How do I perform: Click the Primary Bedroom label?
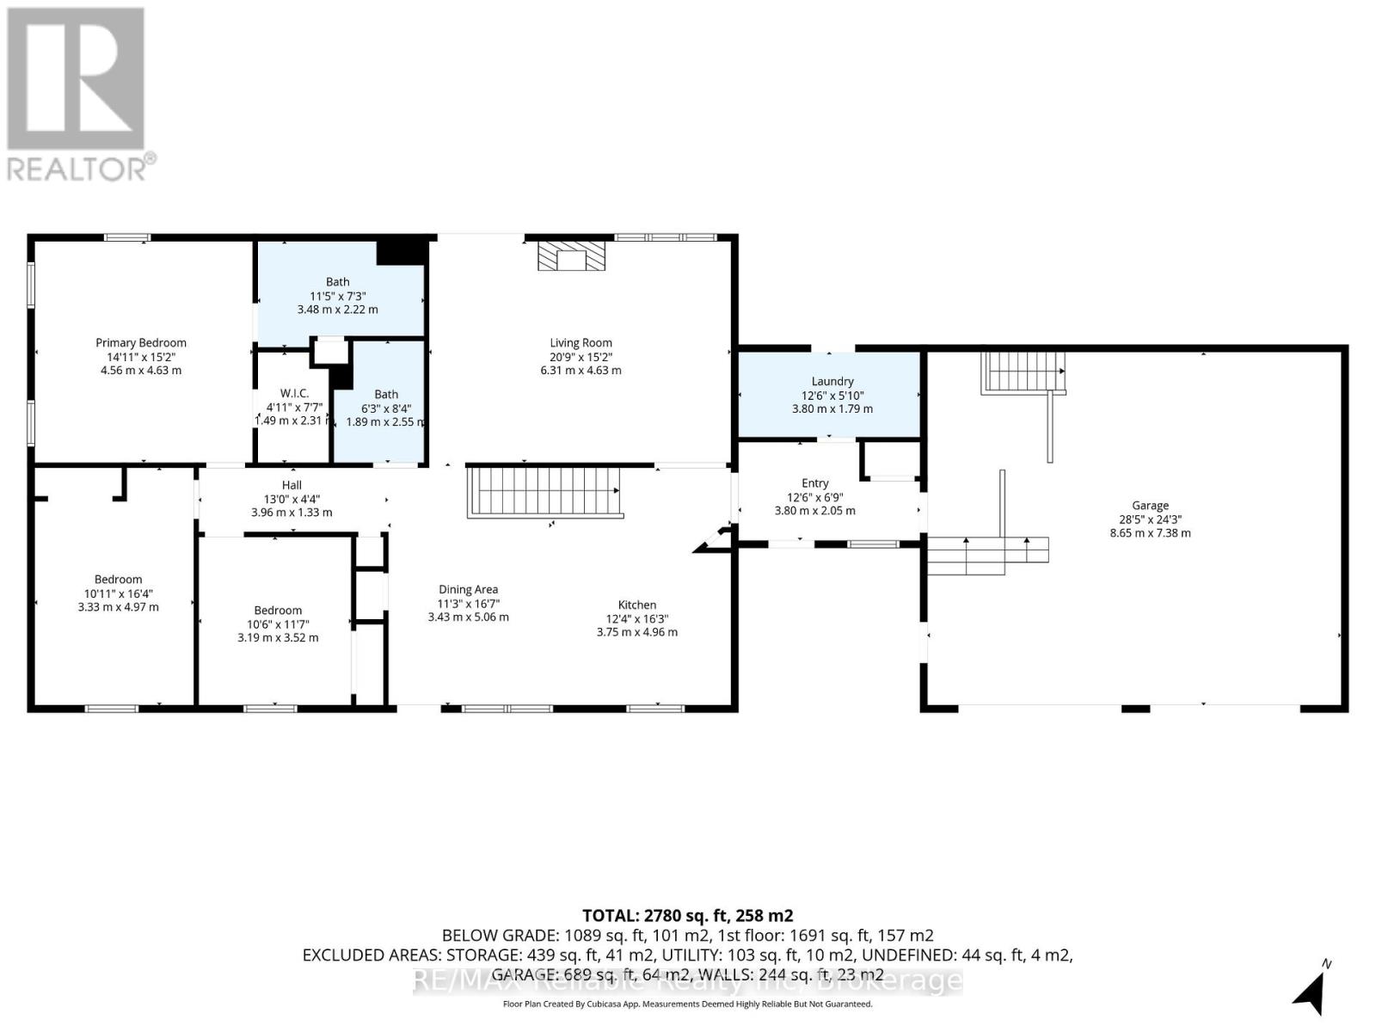[x=140, y=343]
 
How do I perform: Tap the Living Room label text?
[x=580, y=343]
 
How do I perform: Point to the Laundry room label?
[x=832, y=381]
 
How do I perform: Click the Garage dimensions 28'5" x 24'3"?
[x=1150, y=519]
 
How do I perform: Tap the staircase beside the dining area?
[x=544, y=491]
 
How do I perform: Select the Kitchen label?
[x=636, y=605]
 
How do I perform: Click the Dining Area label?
[x=468, y=590]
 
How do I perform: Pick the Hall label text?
[x=292, y=485]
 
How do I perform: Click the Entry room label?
[x=814, y=483]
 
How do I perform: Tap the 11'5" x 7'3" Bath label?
[x=337, y=282]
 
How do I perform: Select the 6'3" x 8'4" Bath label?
[x=386, y=395]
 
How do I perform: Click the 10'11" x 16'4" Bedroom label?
[x=118, y=580]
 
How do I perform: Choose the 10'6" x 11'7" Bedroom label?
[x=278, y=611]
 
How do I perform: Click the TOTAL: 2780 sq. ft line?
[x=687, y=916]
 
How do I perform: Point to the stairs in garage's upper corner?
[x=1023, y=372]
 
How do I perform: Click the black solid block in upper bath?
[x=402, y=252]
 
